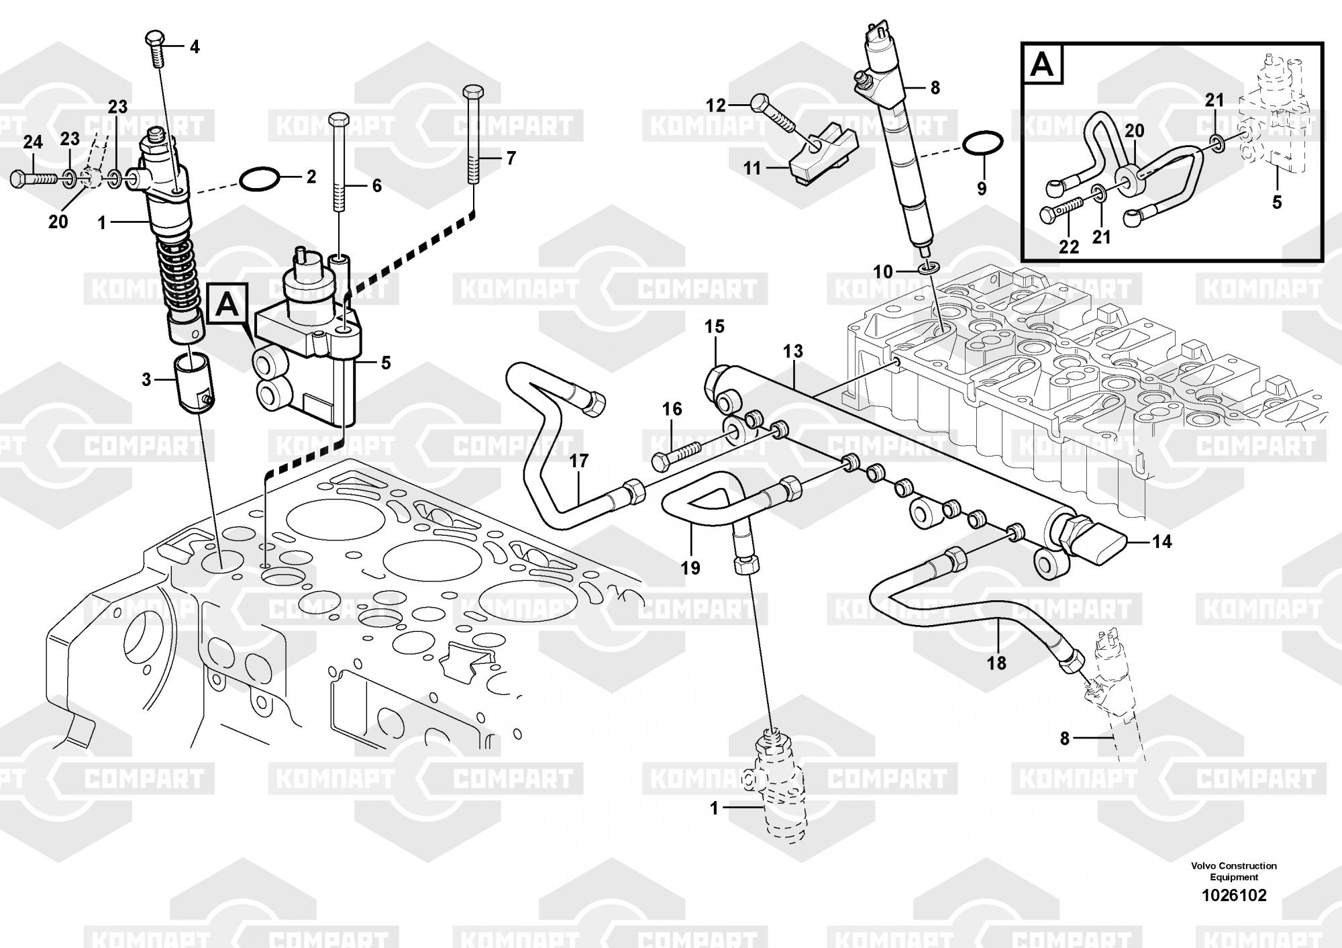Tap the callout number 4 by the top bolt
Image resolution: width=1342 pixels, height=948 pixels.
click(195, 47)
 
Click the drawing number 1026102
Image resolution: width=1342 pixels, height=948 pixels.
click(1234, 895)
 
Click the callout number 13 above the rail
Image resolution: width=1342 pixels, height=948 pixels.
click(792, 351)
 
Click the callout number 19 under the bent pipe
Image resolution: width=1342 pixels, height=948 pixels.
click(690, 568)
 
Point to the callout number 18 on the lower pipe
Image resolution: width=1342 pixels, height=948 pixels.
click(996, 663)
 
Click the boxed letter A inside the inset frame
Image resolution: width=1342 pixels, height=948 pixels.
click(1043, 66)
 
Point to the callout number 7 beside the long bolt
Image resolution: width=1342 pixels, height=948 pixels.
click(511, 159)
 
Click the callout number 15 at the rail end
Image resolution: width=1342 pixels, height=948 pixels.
click(715, 327)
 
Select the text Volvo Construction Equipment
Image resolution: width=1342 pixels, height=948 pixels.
click(1234, 871)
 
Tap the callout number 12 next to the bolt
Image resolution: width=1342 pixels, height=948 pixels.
click(716, 105)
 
